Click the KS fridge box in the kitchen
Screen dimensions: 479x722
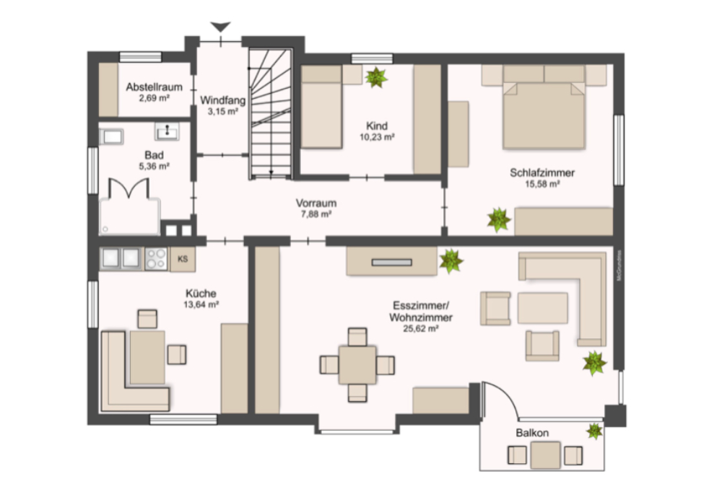pos(182,259)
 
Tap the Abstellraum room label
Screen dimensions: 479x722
pos(154,87)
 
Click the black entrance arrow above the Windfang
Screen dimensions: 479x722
pos(221,27)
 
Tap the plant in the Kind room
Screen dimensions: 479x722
pos(376,76)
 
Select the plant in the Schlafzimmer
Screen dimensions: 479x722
pos(498,219)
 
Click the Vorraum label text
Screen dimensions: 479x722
pos(316,203)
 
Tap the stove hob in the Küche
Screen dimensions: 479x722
pos(156,258)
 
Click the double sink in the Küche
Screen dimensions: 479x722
pos(121,258)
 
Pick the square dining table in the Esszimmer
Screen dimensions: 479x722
pos(357,365)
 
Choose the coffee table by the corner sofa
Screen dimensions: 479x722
pos(541,309)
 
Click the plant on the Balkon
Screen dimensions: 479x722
pos(594,431)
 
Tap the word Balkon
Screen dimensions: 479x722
pos(532,433)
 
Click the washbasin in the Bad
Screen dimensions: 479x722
pos(167,131)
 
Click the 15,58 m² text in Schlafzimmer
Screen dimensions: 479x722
pos(542,184)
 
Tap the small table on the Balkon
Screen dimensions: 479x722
pos(544,454)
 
